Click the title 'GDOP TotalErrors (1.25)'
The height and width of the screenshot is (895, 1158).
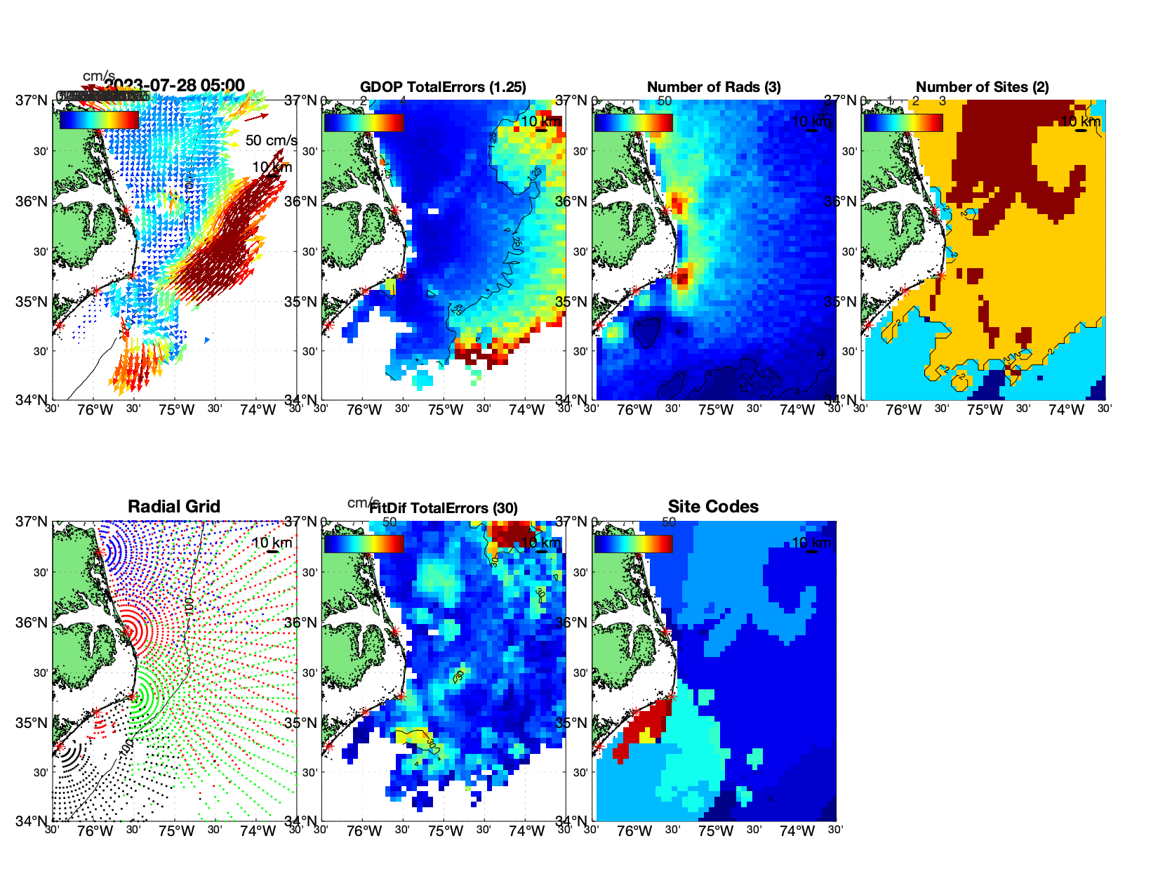443,87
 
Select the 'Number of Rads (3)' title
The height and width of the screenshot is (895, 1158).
713,87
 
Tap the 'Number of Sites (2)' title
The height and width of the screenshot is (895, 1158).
982,87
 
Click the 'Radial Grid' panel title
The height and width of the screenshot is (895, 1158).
174,507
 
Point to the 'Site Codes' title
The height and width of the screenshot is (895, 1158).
713,507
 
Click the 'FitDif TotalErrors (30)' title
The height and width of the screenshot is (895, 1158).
444,508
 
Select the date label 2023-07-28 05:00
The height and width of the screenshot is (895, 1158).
175,86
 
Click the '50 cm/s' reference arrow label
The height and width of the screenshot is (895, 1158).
271,140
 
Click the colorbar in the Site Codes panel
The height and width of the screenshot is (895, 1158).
633,543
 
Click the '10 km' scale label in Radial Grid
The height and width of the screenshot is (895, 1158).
272,543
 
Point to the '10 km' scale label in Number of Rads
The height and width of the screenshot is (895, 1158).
811,121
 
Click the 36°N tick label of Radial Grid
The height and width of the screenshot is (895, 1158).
32,623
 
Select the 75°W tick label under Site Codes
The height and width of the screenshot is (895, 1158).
715,831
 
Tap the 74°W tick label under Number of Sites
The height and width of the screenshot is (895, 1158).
1066,410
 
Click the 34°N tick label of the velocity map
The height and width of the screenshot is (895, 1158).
32,400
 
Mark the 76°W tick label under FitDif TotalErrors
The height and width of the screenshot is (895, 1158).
364,831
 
